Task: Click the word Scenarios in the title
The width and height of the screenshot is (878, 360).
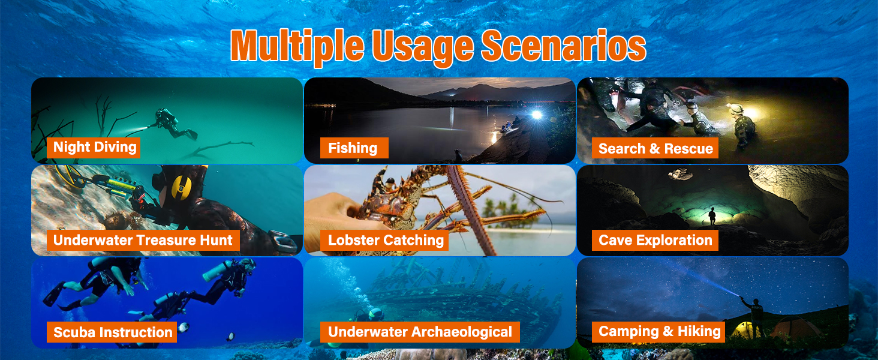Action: click(563, 46)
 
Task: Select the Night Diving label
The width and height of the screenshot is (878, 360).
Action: click(94, 148)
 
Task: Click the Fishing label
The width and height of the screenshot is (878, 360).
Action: click(354, 148)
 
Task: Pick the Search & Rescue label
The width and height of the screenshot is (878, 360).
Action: click(655, 148)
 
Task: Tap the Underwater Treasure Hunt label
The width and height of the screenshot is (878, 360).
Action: click(143, 240)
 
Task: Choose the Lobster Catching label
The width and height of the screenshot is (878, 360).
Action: click(384, 240)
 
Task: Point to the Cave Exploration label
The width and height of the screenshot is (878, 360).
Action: click(655, 240)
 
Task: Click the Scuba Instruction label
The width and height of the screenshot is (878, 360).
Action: click(112, 332)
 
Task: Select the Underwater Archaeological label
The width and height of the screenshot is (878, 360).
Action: click(420, 332)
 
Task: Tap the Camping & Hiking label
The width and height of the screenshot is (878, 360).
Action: click(659, 332)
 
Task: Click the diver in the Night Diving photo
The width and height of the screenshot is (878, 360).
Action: click(173, 123)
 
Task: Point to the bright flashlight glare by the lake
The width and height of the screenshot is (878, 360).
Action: click(536, 115)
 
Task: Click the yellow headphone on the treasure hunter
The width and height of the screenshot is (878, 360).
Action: click(182, 187)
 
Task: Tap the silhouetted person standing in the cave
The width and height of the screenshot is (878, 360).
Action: click(712, 216)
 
